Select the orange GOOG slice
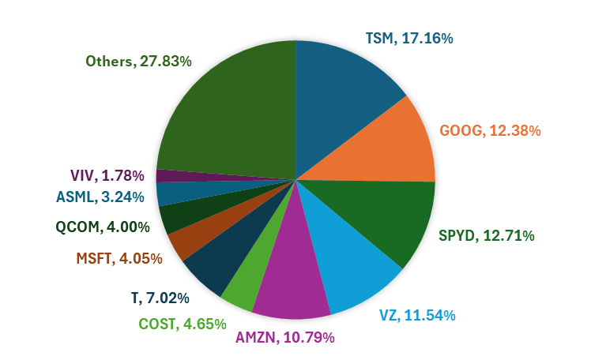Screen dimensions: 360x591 (x=387, y=146)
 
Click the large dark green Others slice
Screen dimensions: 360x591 (x=229, y=111)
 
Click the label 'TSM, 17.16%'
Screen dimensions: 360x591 (x=408, y=38)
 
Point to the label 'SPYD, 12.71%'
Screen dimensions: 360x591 (x=486, y=235)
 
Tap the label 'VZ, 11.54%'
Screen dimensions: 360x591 (x=416, y=316)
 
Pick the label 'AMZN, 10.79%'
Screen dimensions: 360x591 (x=285, y=338)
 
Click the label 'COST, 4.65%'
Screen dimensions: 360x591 (x=183, y=324)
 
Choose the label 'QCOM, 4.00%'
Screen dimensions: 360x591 (x=103, y=227)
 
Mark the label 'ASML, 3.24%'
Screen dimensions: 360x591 (x=100, y=197)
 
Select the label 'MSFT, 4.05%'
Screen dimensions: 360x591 (x=119, y=258)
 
